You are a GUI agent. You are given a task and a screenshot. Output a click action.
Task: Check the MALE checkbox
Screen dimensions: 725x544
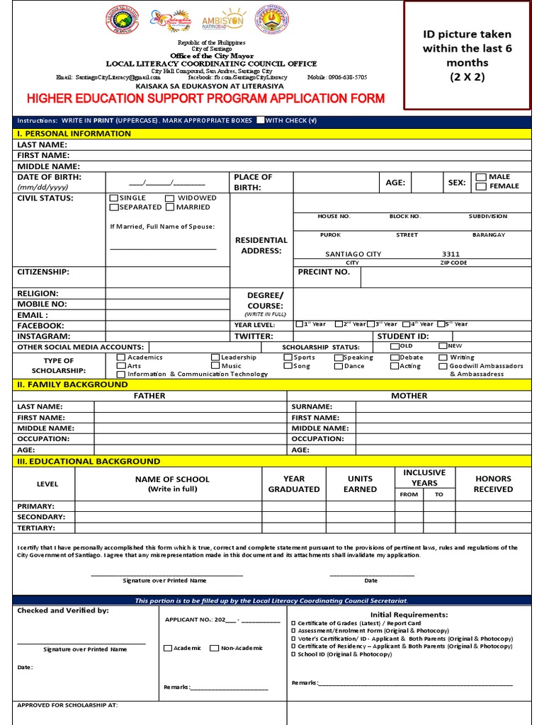tap(481, 177)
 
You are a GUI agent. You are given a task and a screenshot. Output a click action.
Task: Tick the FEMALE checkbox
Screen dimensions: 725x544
tap(481, 187)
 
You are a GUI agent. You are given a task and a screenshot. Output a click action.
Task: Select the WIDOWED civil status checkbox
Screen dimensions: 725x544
tap(170, 198)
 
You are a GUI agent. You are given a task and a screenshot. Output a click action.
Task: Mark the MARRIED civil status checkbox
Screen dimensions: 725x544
tap(170, 207)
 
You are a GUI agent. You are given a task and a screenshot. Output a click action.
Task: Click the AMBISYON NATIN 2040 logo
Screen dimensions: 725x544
tap(223, 22)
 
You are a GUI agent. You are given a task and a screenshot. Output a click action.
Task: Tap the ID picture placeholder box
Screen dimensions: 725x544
tap(467, 55)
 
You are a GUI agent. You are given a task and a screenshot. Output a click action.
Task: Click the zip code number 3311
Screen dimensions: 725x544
tap(450, 254)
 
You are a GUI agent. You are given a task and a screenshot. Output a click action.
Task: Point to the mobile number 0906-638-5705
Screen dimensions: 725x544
tap(347, 77)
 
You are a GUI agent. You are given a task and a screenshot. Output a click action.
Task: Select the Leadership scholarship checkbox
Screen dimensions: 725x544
tap(215, 358)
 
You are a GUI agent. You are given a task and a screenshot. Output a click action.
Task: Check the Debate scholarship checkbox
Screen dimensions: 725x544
tap(395, 358)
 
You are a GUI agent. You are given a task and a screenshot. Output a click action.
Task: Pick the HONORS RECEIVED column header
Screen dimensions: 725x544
tap(493, 484)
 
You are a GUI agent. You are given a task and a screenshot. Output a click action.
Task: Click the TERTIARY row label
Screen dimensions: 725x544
tap(36, 527)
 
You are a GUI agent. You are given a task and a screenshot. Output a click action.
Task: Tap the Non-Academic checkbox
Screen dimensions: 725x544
tap(214, 648)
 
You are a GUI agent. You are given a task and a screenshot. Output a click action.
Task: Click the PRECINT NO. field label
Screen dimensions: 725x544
tap(324, 272)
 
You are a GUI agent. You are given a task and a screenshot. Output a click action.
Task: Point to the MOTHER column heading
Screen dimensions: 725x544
tap(409, 396)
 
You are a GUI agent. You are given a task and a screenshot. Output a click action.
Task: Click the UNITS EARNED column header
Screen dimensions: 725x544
tap(360, 484)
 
